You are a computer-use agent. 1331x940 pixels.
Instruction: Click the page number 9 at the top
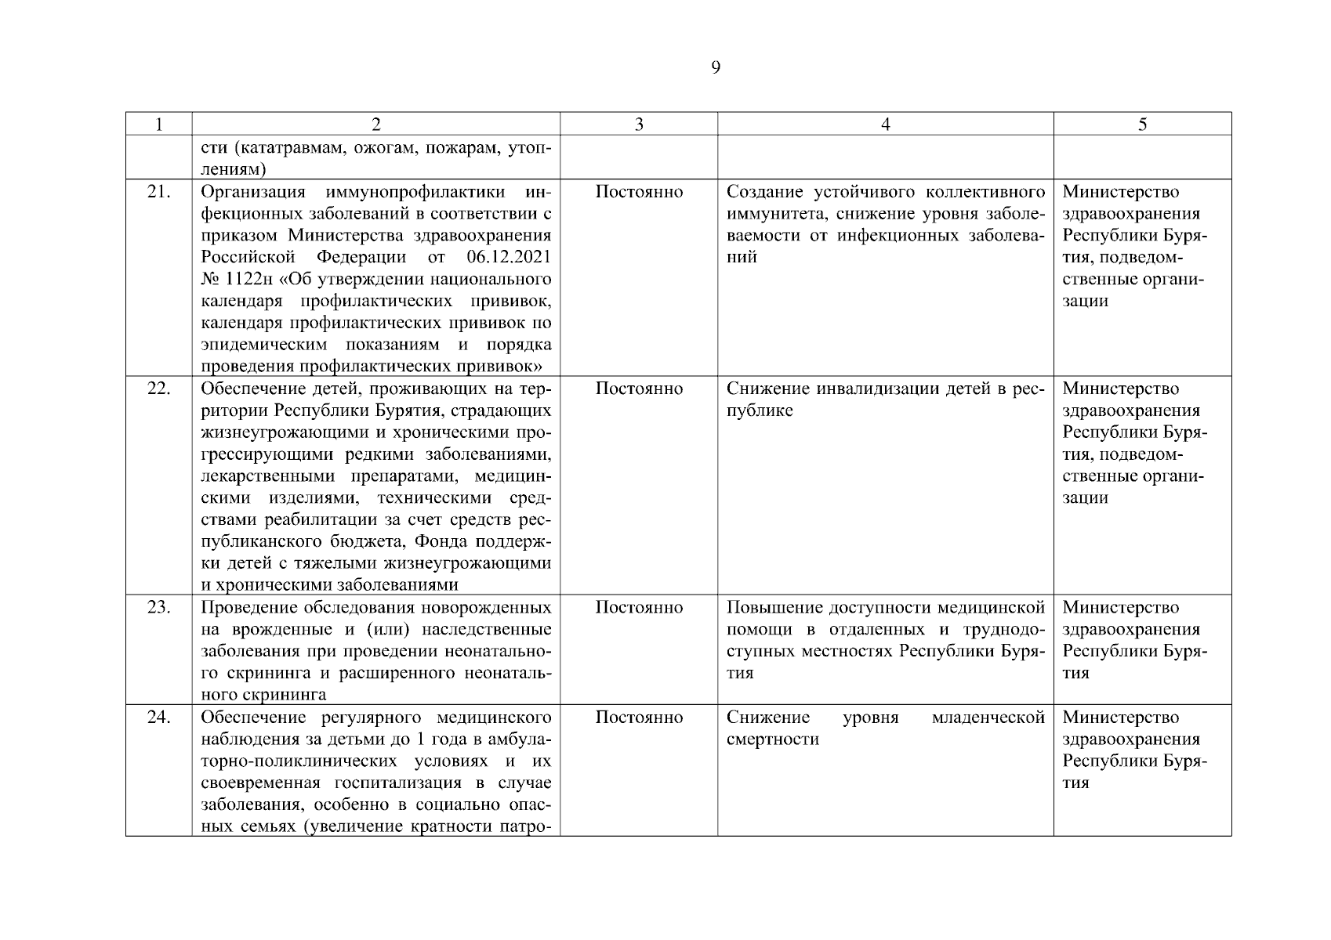[x=715, y=67]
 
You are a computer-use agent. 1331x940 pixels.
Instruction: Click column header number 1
[x=158, y=125]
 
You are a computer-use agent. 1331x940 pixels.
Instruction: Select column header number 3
[x=639, y=125]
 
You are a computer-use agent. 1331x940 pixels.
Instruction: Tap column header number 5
[x=1142, y=125]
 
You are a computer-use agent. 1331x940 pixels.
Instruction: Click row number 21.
[x=158, y=192]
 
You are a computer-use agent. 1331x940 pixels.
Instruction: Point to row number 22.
[x=158, y=389]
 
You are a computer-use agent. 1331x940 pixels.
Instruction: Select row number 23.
[x=158, y=607]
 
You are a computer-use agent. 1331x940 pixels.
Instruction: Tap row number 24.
[x=158, y=717]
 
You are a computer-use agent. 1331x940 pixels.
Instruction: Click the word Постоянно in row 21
[x=639, y=192]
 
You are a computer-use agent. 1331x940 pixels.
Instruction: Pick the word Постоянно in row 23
[x=639, y=607]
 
